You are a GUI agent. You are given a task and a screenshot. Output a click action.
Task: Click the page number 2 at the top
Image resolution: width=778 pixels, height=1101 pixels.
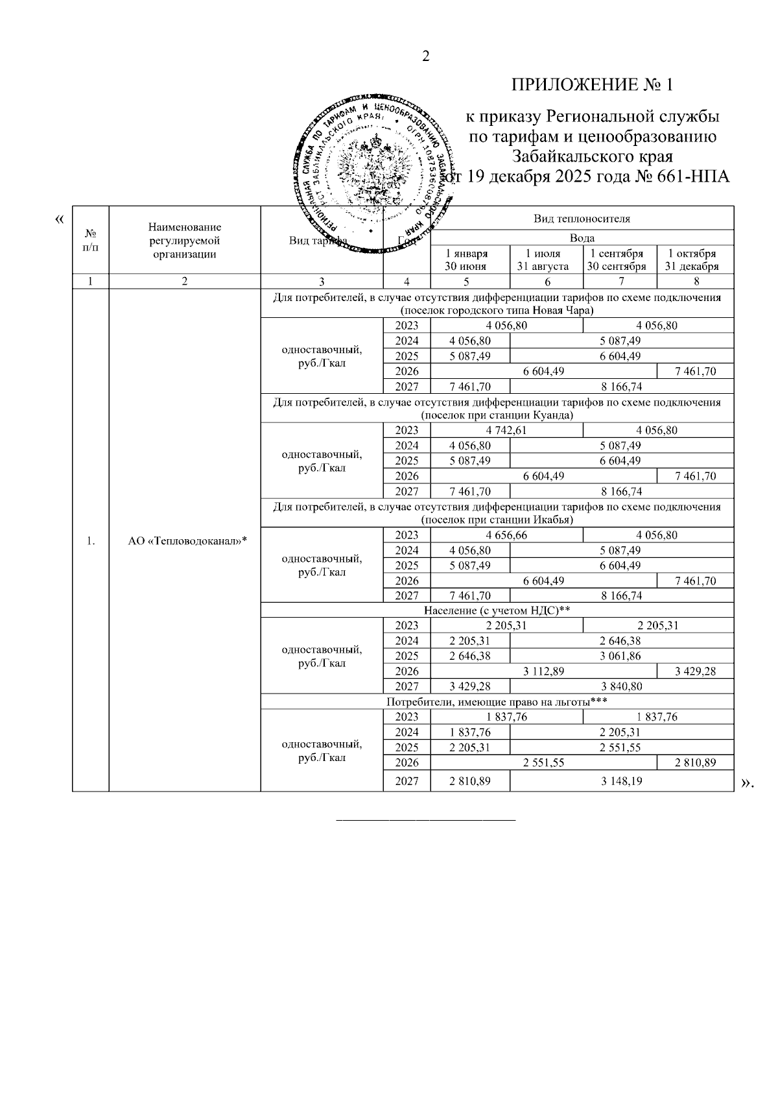[x=426, y=56]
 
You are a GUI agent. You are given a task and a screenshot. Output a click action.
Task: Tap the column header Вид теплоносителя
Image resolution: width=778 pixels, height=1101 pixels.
[x=582, y=219]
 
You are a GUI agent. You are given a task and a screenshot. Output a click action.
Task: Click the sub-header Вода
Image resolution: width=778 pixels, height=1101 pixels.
[x=582, y=238]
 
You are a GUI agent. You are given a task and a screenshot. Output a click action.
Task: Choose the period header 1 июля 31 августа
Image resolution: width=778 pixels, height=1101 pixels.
[x=547, y=260]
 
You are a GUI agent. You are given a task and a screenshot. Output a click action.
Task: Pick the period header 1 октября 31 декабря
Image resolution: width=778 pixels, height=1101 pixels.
[x=695, y=260]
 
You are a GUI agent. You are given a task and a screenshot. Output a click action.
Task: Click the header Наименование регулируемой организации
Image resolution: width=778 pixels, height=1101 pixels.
[x=185, y=240]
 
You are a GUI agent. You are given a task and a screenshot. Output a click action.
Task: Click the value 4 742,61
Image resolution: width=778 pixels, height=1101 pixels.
[x=506, y=430]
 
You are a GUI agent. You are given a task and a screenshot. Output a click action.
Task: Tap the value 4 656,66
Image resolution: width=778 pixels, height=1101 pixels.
[x=506, y=535]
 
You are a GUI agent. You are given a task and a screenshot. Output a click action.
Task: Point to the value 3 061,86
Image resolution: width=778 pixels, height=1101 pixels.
[x=621, y=656]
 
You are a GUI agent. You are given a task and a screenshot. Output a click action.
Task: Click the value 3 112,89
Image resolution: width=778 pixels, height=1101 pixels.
[x=543, y=671]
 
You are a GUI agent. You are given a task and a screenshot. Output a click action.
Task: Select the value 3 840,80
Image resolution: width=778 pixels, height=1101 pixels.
[x=621, y=686]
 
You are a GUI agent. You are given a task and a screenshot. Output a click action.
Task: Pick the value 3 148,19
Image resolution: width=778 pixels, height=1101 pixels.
[x=621, y=781]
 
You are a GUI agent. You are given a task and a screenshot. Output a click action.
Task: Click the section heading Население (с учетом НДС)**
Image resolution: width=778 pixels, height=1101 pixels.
[x=497, y=611]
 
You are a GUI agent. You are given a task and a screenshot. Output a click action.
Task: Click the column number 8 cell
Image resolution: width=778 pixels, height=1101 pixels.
[x=695, y=282]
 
